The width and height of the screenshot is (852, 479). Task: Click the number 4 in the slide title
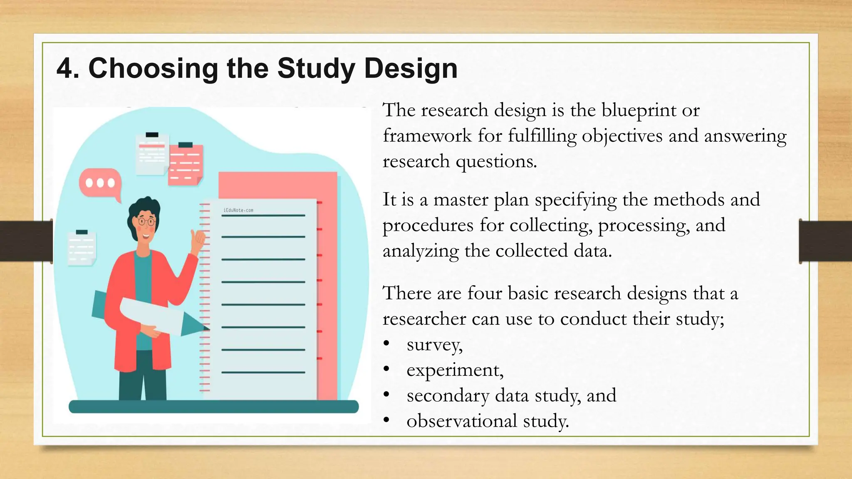(x=67, y=68)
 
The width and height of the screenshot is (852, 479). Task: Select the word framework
(x=427, y=136)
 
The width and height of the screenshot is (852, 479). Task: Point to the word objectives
(x=622, y=136)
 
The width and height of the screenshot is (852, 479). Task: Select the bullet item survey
(x=434, y=345)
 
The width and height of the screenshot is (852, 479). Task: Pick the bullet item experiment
(x=455, y=370)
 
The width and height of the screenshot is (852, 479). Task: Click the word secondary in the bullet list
(x=448, y=396)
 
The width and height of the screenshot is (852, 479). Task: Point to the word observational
(x=462, y=421)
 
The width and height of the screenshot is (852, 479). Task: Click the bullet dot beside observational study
(x=386, y=420)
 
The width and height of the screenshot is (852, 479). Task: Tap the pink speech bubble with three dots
(x=100, y=183)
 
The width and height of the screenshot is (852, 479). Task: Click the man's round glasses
(x=146, y=221)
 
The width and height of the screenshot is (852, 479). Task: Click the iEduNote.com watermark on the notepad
(x=238, y=210)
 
